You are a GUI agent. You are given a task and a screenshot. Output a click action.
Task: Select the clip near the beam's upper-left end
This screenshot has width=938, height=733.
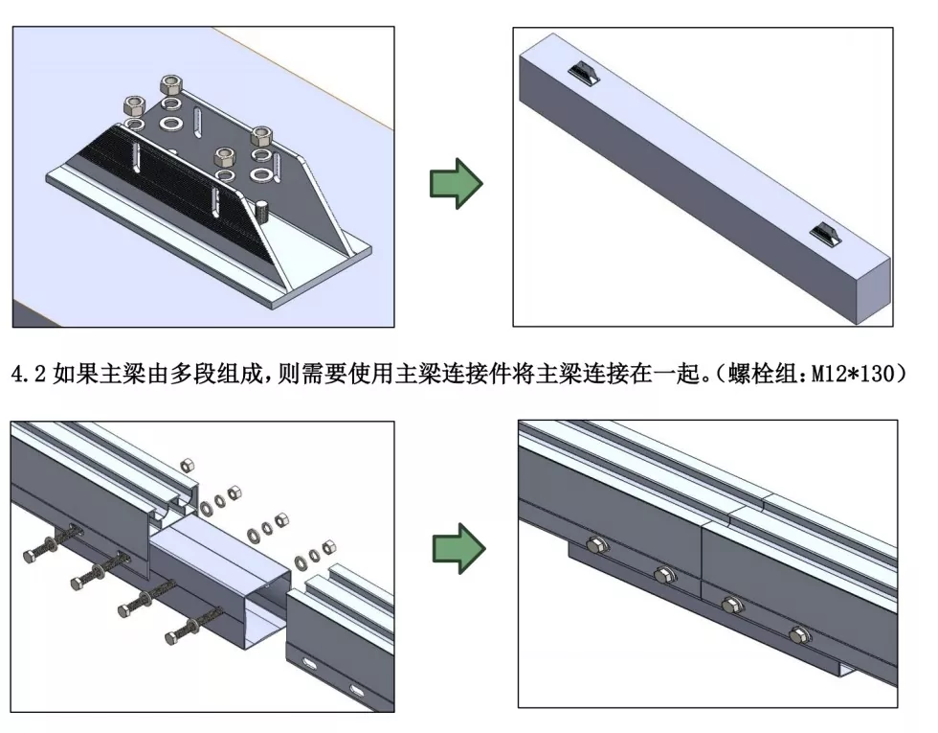(583, 73)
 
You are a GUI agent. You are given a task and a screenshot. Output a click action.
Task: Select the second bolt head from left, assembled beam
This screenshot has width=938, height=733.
(663, 575)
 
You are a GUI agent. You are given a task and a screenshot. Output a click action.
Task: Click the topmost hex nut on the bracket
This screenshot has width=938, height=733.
(174, 82)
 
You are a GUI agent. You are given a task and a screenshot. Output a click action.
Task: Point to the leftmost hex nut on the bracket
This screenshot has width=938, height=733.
(132, 103)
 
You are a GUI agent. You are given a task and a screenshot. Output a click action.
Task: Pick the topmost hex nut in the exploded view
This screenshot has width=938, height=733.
(188, 464)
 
